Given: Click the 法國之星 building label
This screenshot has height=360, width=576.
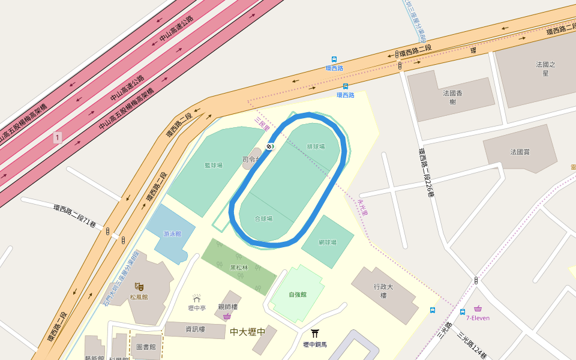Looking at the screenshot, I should (x=545, y=68).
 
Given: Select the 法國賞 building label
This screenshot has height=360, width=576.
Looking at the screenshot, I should (x=520, y=152).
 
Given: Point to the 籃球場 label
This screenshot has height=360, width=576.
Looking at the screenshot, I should (x=213, y=165).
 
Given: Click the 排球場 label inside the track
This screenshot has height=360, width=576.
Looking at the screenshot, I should (x=316, y=146).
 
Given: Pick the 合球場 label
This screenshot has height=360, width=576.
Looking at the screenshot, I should (x=263, y=219).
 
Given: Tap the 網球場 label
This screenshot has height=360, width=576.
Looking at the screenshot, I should (x=327, y=242).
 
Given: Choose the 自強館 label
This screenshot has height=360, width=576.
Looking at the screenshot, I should (x=298, y=295).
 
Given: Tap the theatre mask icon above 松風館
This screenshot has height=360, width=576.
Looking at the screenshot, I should (x=139, y=287).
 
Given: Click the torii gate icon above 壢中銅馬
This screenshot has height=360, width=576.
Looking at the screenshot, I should (x=314, y=333).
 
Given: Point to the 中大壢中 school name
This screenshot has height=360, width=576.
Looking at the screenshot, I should (x=247, y=331).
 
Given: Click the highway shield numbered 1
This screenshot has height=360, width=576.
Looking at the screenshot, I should (x=57, y=137).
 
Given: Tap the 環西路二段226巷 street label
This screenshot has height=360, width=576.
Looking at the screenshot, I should (x=426, y=173).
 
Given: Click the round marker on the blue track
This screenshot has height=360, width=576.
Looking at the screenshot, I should (x=269, y=146).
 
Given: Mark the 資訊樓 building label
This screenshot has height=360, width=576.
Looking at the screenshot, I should (x=196, y=329).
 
